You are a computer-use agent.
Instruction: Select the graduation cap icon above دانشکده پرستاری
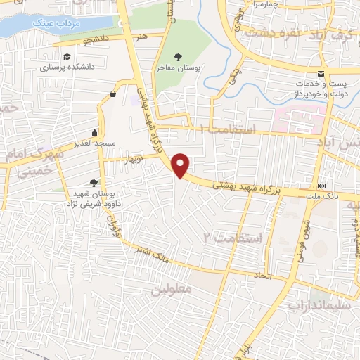coord(66,57)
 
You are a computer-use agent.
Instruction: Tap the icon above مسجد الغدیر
coord(94,132)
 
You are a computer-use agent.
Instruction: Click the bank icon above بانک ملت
coord(322,186)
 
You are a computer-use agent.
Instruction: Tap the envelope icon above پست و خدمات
coord(321,74)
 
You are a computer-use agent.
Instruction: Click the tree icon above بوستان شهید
coord(94,182)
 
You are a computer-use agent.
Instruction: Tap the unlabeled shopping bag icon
coord(113,93)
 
